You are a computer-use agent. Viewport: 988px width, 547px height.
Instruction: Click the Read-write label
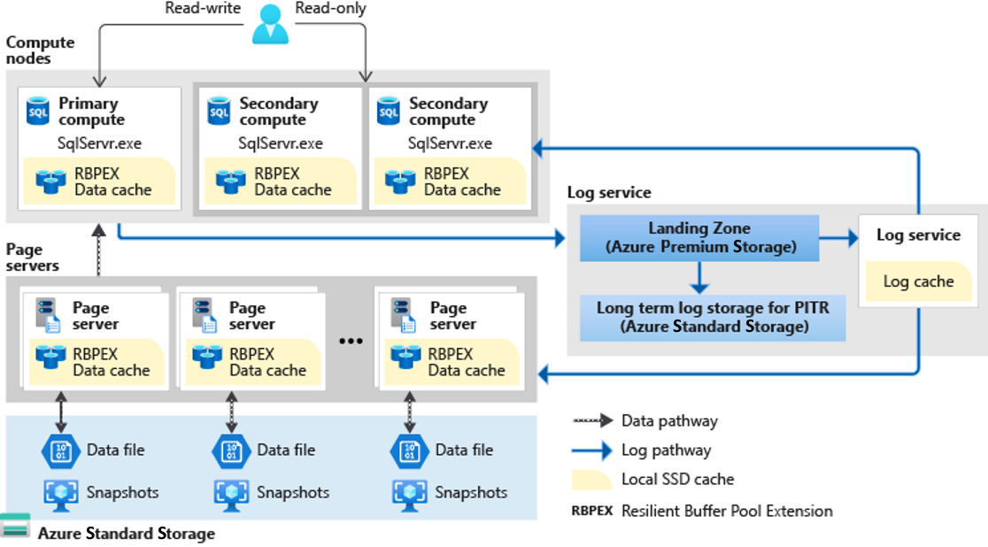pyautogui.click(x=203, y=9)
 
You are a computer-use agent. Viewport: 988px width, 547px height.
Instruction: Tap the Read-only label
pyautogui.click(x=331, y=9)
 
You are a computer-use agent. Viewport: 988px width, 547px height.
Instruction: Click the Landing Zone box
pyautogui.click(x=699, y=237)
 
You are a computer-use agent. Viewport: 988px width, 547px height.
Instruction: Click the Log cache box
pyautogui.click(x=918, y=281)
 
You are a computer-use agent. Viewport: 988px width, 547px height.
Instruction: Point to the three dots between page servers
pyautogui.click(x=351, y=342)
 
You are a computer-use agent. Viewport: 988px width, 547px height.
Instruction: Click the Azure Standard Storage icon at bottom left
pyautogui.click(x=15, y=526)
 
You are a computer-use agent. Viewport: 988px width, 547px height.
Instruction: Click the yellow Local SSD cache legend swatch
pyautogui.click(x=591, y=480)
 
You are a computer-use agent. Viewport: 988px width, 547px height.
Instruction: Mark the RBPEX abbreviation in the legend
pyautogui.click(x=592, y=511)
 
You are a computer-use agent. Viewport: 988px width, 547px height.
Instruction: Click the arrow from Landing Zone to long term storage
pyautogui.click(x=699, y=278)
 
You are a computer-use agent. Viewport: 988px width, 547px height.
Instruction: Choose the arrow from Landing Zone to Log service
pyautogui.click(x=837, y=238)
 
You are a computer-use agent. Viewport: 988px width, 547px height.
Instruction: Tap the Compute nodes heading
pyautogui.click(x=41, y=50)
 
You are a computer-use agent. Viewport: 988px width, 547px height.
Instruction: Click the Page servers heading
pyautogui.click(x=33, y=258)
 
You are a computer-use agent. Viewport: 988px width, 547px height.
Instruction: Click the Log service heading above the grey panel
pyautogui.click(x=608, y=192)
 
